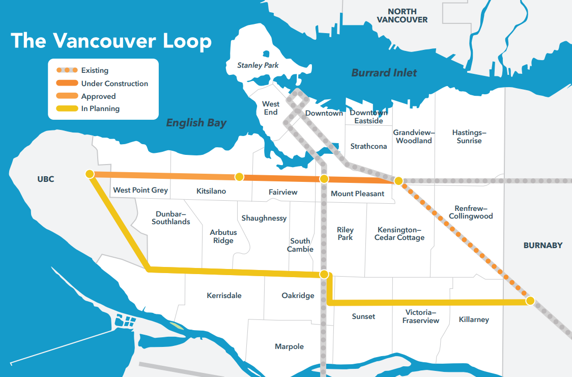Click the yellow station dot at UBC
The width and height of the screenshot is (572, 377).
[x=90, y=174]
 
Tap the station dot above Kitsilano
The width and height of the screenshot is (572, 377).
[x=239, y=177]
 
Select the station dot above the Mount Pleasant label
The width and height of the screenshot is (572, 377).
[x=324, y=179]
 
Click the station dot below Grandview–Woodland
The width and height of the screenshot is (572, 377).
[x=399, y=180]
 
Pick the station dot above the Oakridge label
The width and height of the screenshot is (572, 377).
[x=324, y=275]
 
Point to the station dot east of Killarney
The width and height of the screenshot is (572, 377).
[x=530, y=301]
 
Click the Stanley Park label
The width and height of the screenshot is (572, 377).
[x=258, y=65]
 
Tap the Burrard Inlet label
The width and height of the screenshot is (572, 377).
[x=384, y=73]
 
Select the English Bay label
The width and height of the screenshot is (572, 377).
[x=196, y=123]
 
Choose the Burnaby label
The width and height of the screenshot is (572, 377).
[x=543, y=245]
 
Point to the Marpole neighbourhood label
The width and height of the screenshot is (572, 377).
[x=289, y=346]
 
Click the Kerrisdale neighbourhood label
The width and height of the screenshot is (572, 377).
[x=224, y=295]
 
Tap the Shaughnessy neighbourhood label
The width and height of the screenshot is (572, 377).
[x=264, y=218]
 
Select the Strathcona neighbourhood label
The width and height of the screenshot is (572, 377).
[x=368, y=146]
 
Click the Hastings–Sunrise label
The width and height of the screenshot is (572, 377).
[x=469, y=137]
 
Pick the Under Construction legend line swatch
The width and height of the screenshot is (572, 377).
[x=66, y=84]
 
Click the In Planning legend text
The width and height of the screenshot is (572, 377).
[x=100, y=109]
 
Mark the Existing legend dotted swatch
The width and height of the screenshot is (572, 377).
[x=66, y=70]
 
